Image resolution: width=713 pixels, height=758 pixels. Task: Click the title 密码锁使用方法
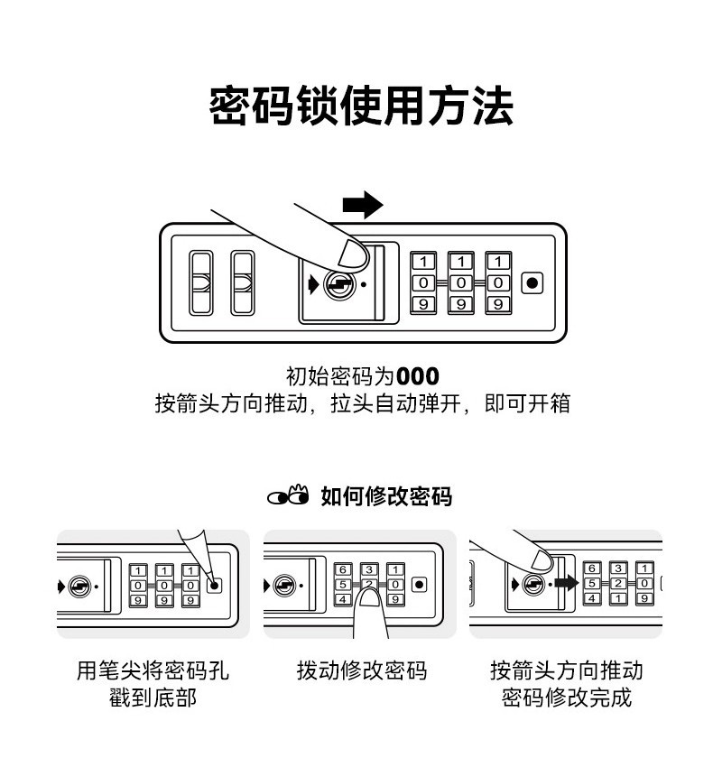361,106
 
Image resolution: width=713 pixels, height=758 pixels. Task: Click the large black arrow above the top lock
363,205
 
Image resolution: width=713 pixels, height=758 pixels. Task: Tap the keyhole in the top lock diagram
339,284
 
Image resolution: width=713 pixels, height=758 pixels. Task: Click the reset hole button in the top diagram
532,282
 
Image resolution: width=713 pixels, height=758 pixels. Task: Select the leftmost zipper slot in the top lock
200,282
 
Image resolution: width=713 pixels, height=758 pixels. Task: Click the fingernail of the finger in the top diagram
353,254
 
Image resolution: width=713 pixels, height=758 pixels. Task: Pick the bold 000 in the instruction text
418,376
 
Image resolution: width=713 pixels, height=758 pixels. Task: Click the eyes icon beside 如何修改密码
289,495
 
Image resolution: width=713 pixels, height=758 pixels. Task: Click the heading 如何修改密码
386,496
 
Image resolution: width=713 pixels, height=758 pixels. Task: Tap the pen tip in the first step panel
215,585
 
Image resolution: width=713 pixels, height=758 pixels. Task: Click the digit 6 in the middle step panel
343,569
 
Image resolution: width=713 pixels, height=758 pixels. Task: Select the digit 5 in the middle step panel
343,585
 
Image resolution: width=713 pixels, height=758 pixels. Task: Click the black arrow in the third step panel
567,583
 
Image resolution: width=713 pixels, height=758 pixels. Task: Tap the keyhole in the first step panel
79,587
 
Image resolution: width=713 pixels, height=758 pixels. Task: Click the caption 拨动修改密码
362,670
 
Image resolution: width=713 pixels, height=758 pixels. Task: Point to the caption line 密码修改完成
567,698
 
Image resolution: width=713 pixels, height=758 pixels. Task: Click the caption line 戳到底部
153,698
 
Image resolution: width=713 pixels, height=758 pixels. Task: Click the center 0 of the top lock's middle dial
460,282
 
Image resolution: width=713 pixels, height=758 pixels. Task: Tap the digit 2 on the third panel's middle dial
617,583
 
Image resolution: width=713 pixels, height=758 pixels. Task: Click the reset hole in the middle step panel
419,585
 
